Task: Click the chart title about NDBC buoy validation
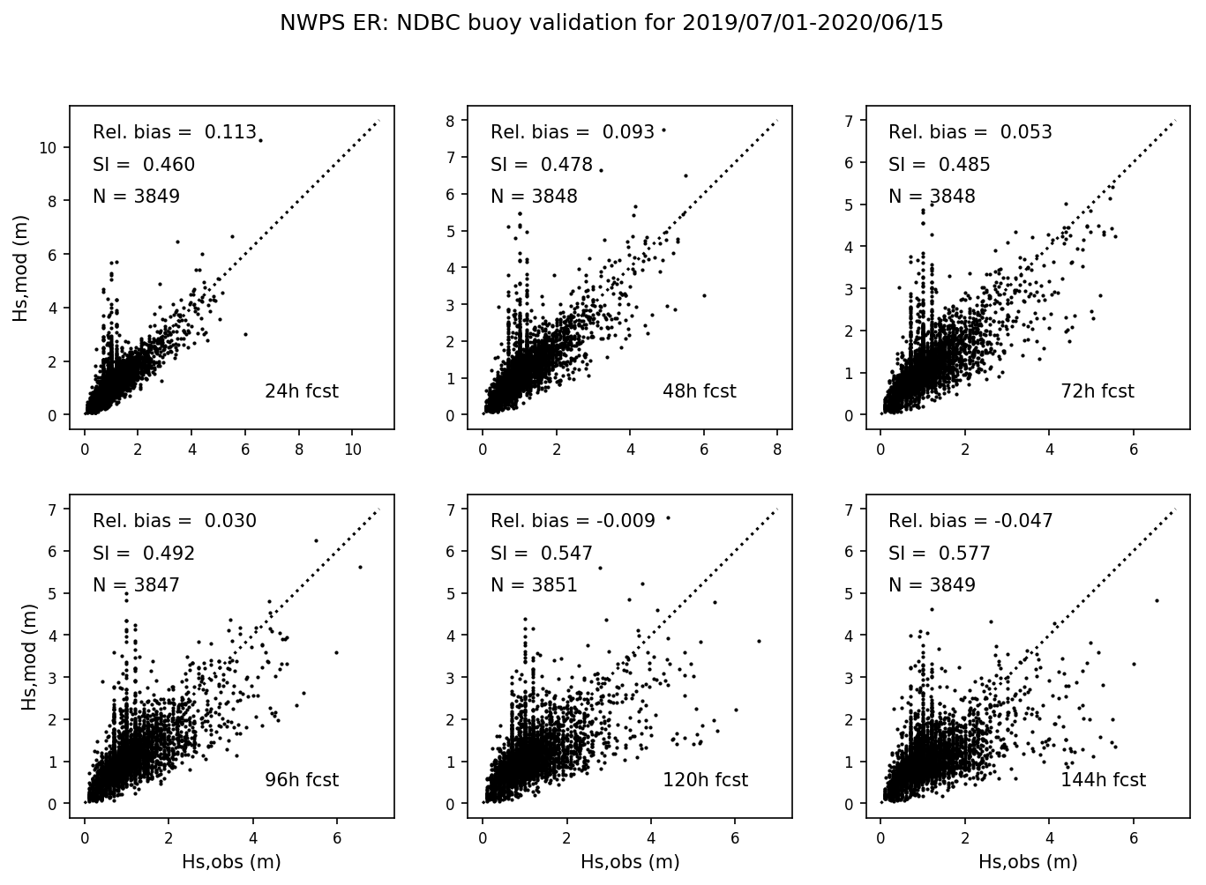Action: click(x=610, y=24)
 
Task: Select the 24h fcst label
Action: click(x=301, y=391)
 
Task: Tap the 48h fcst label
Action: click(x=699, y=391)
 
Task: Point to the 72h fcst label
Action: click(x=1097, y=391)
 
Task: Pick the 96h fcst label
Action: click(x=301, y=780)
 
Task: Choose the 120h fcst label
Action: click(x=705, y=780)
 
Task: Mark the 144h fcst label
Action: click(x=1103, y=780)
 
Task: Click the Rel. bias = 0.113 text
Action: click(x=174, y=133)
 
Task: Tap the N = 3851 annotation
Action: click(x=534, y=585)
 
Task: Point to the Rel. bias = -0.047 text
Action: click(x=970, y=521)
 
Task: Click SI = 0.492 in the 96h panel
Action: click(x=144, y=554)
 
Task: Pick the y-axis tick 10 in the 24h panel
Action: click(x=49, y=147)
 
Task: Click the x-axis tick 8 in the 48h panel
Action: click(x=777, y=450)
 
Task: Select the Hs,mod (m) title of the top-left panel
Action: click(x=21, y=268)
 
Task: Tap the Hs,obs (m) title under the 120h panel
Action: click(x=629, y=862)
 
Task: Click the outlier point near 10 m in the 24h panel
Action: click(x=260, y=140)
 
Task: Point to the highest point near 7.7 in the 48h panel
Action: click(x=663, y=130)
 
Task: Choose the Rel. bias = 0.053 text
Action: click(x=970, y=133)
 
